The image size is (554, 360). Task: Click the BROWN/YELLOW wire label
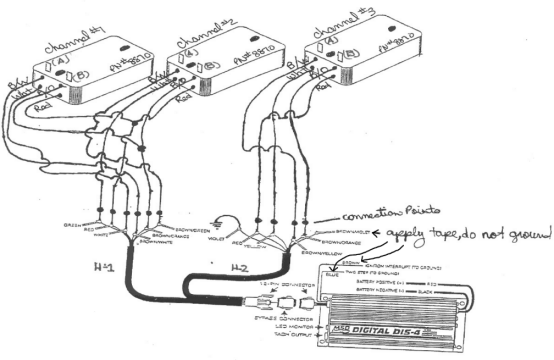[322, 253]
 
